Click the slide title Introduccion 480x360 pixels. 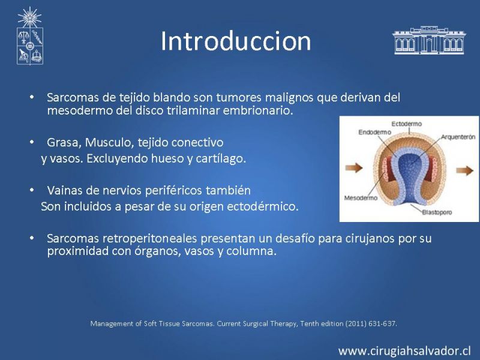(236, 41)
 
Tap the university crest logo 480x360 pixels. (29, 36)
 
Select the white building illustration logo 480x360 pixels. (429, 40)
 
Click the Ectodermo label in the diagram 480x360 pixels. (407, 124)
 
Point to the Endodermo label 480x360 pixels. (374, 132)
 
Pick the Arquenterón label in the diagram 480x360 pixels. (458, 137)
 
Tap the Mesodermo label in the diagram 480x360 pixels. (361, 198)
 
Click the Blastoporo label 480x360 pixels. (437, 212)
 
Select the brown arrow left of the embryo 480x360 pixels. (354, 168)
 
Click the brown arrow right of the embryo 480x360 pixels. (464, 170)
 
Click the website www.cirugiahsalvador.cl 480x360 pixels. (404, 350)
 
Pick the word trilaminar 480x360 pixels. (193, 110)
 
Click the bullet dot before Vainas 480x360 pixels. (32, 190)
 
